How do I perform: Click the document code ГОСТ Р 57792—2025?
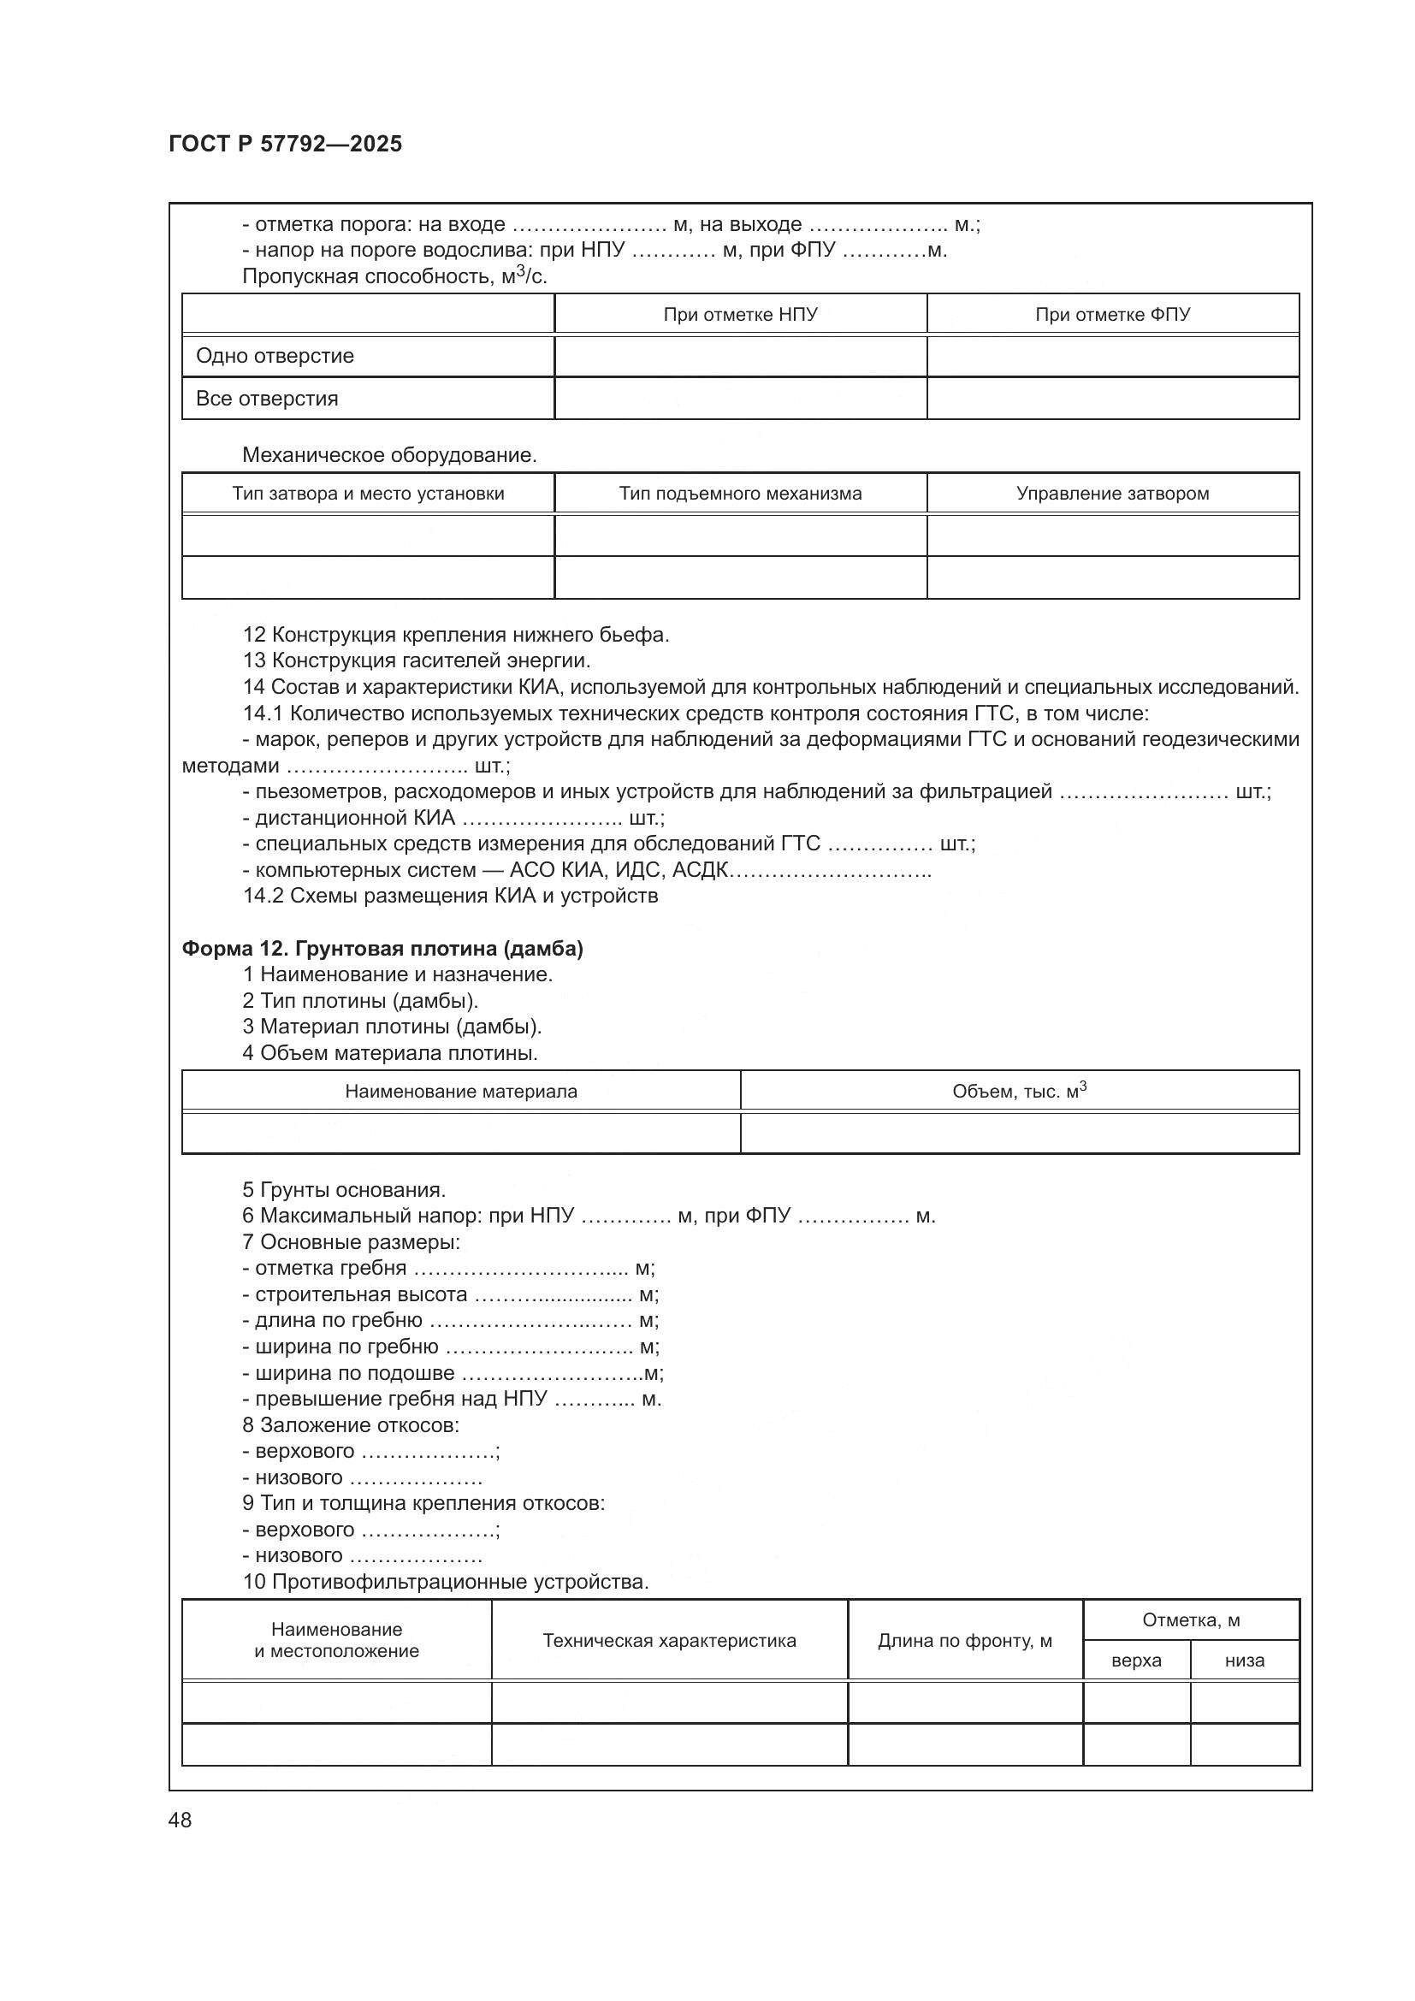pyautogui.click(x=285, y=144)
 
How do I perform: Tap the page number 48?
pyautogui.click(x=181, y=1820)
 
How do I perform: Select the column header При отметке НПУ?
pyautogui.click(x=740, y=315)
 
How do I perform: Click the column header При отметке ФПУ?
pyautogui.click(x=1112, y=315)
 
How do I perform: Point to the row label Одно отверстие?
pyautogui.click(x=275, y=356)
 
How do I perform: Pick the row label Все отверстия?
pyautogui.click(x=267, y=399)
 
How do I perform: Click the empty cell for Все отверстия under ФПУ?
pyautogui.click(x=1112, y=399)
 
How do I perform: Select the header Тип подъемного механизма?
pyautogui.click(x=740, y=494)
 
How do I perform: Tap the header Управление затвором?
pyautogui.click(x=1112, y=494)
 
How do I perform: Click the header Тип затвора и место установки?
pyautogui.click(x=368, y=494)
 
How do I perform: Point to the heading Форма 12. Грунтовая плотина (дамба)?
pyautogui.click(x=382, y=948)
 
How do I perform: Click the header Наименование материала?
pyautogui.click(x=461, y=1091)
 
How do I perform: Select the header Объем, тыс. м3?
pyautogui.click(x=1019, y=1091)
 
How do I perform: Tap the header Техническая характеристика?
pyautogui.click(x=669, y=1640)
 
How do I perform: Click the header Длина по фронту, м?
pyautogui.click(x=964, y=1640)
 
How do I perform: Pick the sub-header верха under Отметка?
pyautogui.click(x=1136, y=1661)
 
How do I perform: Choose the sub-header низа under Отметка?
pyautogui.click(x=1244, y=1661)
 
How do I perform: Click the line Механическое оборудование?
pyautogui.click(x=389, y=455)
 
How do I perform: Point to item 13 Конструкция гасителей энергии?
pyautogui.click(x=417, y=660)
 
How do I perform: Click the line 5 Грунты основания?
pyautogui.click(x=344, y=1190)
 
